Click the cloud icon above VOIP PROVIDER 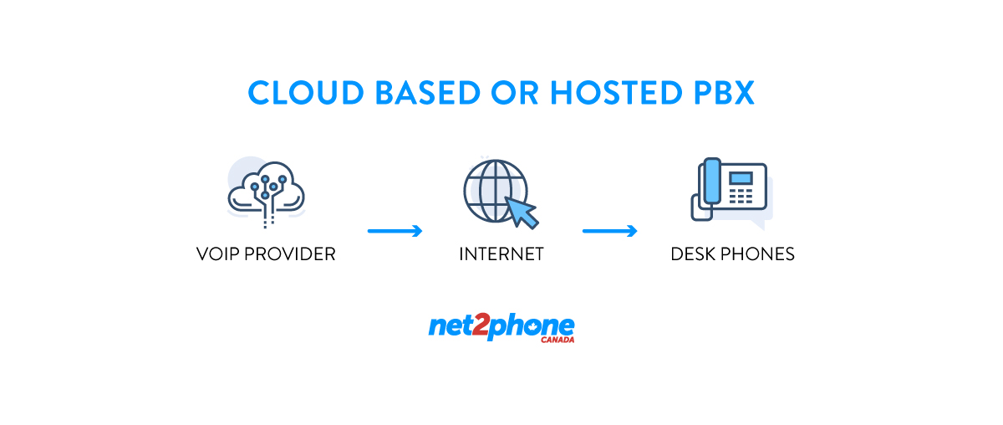(x=266, y=190)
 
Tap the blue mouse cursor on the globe (x=522, y=211)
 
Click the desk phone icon (x=730, y=190)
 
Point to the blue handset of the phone (x=710, y=181)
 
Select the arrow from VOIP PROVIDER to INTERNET (x=395, y=231)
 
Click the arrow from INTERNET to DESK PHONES (x=610, y=231)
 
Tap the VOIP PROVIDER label (x=266, y=253)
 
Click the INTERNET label (x=501, y=253)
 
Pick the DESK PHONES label (x=732, y=253)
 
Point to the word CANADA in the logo (x=558, y=341)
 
